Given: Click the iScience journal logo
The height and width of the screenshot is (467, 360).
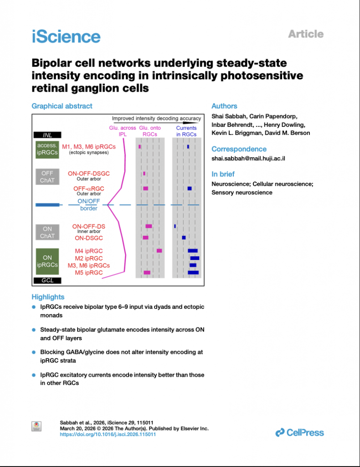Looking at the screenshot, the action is pos(66,36).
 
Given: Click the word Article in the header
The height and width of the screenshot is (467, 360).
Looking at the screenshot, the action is pos(306,34).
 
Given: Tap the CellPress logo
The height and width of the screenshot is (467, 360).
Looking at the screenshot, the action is pos(299,432).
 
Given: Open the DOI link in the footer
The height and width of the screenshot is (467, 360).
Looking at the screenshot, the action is pos(108,434).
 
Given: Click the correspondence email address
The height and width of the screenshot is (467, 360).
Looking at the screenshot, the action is pos(248,158).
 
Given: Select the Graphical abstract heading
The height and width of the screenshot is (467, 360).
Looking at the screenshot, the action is pos(62,106).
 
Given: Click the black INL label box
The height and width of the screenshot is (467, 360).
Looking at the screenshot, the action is pos(47,135).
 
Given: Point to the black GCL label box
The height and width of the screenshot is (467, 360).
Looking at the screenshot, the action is pos(47,280).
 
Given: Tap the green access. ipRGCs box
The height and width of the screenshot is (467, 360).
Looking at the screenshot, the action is pos(47,149).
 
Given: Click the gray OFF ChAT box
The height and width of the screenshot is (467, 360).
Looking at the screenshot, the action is pos(47,176).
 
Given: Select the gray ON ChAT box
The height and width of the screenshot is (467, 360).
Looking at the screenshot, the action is pos(47,232).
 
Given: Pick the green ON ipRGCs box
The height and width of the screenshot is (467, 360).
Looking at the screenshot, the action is pos(47,261).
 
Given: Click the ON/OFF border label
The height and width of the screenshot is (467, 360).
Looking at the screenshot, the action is pos(89,205).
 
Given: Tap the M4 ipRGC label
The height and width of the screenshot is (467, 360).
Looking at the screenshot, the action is pos(89,251).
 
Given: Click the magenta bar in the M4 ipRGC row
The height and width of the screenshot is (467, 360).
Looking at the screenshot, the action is pos(159,251).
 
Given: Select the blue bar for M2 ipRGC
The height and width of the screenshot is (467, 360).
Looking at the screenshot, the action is pos(195,258).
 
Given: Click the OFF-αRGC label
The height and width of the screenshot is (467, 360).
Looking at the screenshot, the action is pos(89,188).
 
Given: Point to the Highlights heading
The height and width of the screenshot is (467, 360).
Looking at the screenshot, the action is pos(48,297).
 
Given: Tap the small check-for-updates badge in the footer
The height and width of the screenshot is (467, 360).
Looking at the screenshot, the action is pos(36,426).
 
